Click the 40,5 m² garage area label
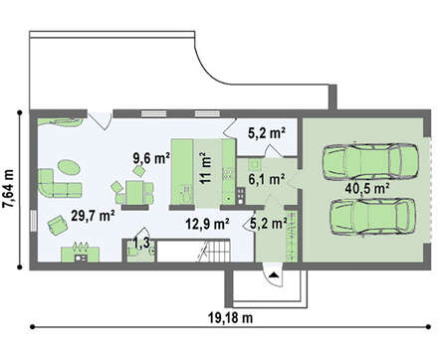coord(367,189)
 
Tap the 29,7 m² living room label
coord(94,216)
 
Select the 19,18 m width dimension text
coord(230,318)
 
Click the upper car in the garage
coord(369,161)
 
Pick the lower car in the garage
coord(372,217)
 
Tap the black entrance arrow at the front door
coord(274,274)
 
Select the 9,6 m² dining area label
coord(151,158)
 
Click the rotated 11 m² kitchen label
coord(206,167)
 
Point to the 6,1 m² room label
coord(267,179)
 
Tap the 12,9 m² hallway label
coord(208,225)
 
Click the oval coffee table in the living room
coord(69,167)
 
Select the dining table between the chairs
coord(134,193)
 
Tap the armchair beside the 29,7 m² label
coord(58,225)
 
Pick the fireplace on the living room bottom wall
coord(80,254)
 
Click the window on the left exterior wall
coord(34,221)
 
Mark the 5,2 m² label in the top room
coord(267,133)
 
